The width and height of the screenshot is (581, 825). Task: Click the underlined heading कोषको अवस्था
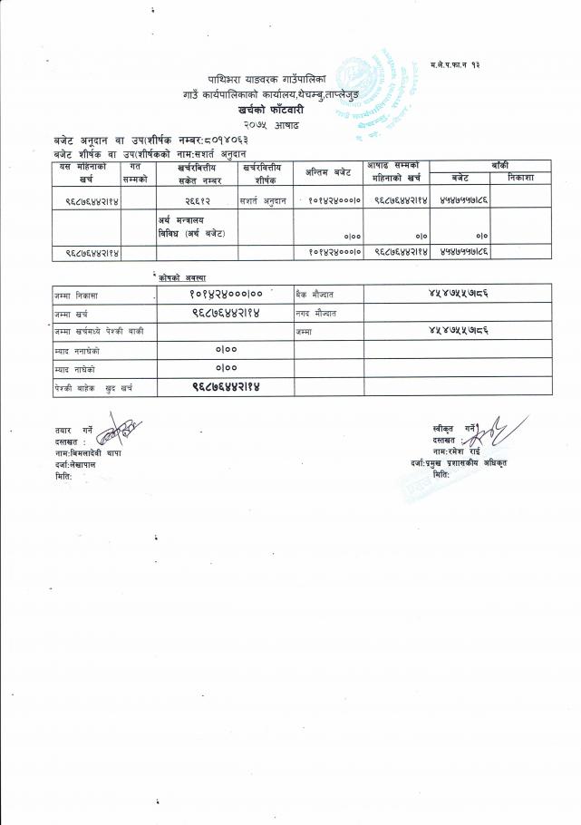pyautogui.click(x=188, y=277)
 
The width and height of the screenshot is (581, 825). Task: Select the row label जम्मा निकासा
pyautogui.click(x=75, y=295)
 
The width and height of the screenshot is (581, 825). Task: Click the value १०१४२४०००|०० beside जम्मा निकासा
pyautogui.click(x=226, y=295)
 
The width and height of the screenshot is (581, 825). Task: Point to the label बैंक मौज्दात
pyautogui.click(x=316, y=295)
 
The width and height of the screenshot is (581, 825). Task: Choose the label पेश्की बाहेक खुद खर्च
pyautogui.click(x=93, y=387)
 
